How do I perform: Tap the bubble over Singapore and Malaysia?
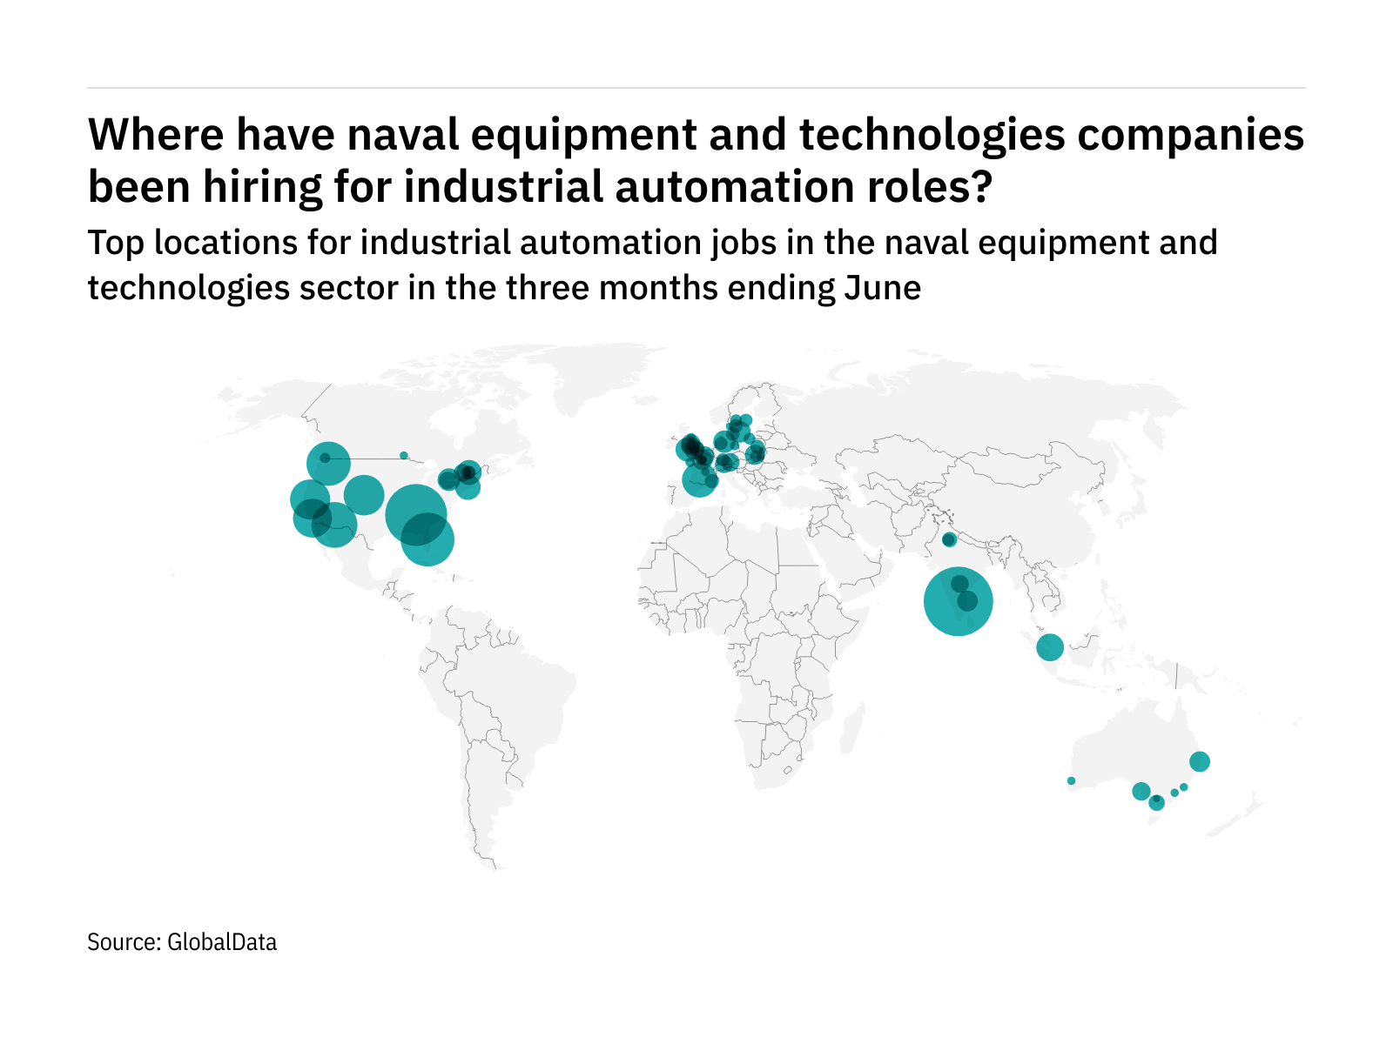(x=1050, y=647)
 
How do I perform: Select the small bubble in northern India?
(x=949, y=540)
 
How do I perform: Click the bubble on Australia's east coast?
(x=1199, y=762)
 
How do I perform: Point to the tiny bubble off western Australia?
(x=1071, y=781)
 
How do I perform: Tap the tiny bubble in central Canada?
(x=403, y=455)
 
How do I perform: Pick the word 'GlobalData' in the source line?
(x=222, y=942)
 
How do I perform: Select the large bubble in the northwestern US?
(x=329, y=464)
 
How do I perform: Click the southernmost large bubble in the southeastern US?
(x=427, y=540)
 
